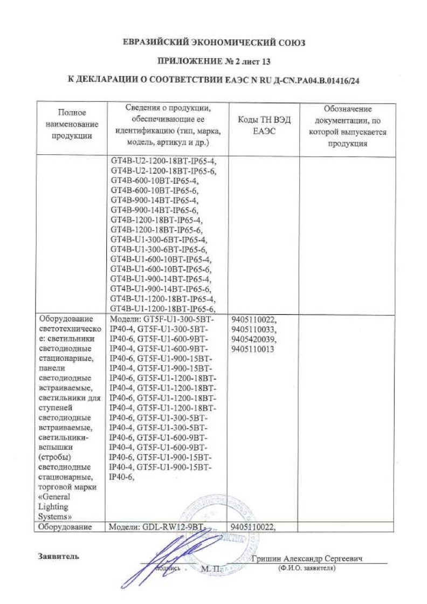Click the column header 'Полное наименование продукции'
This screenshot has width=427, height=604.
point(73,125)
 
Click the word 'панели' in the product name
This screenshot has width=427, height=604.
point(52,368)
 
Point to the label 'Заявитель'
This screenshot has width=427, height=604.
point(58,556)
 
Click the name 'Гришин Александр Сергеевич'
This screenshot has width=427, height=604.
point(305,559)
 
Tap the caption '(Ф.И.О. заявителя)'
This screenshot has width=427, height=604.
point(306,568)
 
